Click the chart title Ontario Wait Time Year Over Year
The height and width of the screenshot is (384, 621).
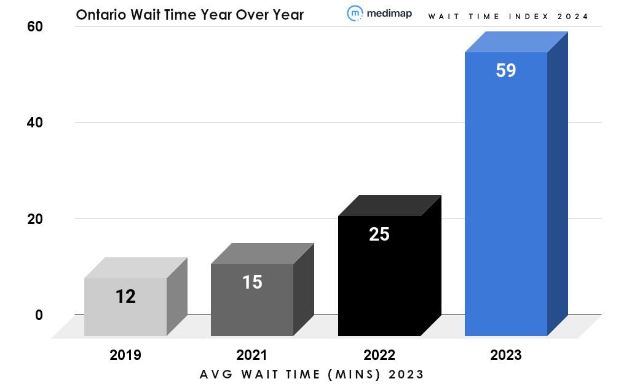[189, 14]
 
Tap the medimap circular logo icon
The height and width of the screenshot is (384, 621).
[355, 14]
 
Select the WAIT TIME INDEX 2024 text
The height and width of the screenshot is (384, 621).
[508, 17]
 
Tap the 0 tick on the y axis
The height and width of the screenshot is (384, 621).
[39, 314]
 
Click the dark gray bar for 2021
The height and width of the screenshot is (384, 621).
[252, 308]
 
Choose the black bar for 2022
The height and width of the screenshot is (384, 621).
[379, 283]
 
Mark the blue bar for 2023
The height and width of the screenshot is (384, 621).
[506, 197]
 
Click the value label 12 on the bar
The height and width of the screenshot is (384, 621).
[125, 297]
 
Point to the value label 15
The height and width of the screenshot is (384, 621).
[252, 282]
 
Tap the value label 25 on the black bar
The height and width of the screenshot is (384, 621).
[379, 234]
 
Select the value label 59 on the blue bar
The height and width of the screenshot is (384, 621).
[506, 70]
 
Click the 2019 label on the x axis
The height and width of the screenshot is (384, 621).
[125, 355]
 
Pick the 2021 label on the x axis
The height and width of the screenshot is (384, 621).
[252, 355]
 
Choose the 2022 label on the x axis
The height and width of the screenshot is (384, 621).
[379, 355]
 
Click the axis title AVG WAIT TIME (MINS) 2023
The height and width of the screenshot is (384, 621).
[312, 374]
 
